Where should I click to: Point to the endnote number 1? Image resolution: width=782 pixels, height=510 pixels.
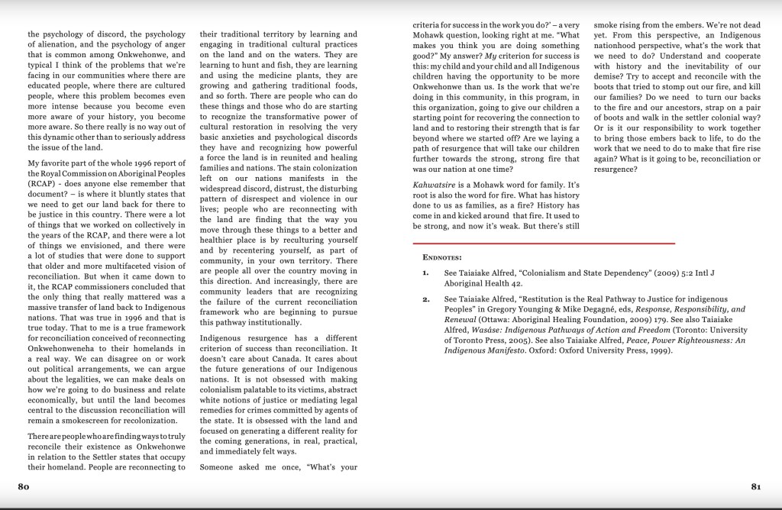[x=425, y=273]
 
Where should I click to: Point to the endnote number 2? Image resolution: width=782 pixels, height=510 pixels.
[x=425, y=299]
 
